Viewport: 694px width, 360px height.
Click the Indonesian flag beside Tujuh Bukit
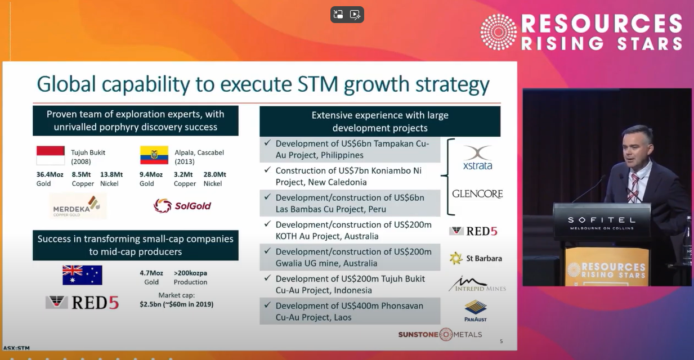click(51, 155)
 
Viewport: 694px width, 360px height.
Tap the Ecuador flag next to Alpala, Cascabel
click(154, 155)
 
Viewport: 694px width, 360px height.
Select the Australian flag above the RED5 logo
click(82, 275)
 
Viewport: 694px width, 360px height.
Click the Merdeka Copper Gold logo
click(78, 206)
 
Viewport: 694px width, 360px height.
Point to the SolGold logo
click(182, 205)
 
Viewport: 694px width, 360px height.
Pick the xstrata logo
click(477, 158)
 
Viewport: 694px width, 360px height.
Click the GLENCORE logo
click(477, 194)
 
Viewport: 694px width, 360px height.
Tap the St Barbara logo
click(476, 258)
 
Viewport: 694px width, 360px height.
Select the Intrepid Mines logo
click(477, 284)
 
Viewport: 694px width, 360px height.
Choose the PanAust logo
click(476, 311)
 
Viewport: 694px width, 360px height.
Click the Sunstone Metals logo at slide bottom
click(440, 334)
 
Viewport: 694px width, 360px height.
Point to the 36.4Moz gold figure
click(50, 174)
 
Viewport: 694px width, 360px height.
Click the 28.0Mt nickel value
click(214, 174)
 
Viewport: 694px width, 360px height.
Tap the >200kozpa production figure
click(190, 273)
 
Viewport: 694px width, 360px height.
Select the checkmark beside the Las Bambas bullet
click(267, 197)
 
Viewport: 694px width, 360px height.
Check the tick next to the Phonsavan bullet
click(267, 305)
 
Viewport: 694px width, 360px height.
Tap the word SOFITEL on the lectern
click(602, 220)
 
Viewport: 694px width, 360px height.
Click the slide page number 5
click(502, 341)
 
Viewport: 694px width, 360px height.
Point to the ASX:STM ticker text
click(16, 348)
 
